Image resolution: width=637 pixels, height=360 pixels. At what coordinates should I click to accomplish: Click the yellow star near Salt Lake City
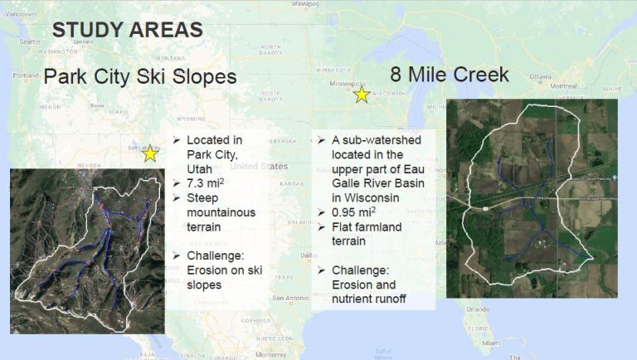pyautogui.click(x=150, y=153)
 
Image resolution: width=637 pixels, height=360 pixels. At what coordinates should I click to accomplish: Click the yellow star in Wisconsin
pyautogui.click(x=362, y=95)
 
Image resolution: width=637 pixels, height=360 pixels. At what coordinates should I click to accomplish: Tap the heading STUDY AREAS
pyautogui.click(x=127, y=31)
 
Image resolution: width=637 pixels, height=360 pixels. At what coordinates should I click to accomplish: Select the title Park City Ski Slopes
pyautogui.click(x=140, y=77)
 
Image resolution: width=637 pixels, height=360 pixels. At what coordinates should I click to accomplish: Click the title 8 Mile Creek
pyautogui.click(x=450, y=75)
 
